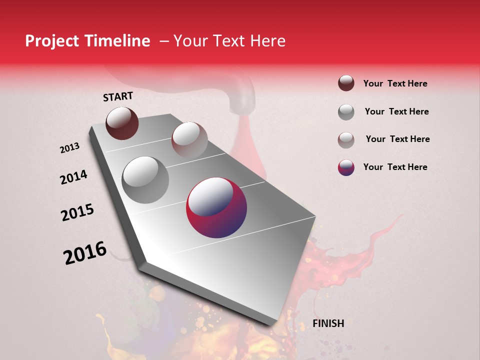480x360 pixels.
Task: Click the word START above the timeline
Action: pyautogui.click(x=118, y=96)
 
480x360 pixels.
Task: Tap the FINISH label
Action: pyautogui.click(x=328, y=323)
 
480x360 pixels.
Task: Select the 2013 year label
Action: pyautogui.click(x=69, y=148)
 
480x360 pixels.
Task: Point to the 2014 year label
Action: pyautogui.click(x=73, y=177)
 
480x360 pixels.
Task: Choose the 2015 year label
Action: pyautogui.click(x=77, y=212)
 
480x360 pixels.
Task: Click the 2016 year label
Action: pyautogui.click(x=85, y=253)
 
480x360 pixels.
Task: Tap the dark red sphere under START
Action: pyautogui.click(x=122, y=123)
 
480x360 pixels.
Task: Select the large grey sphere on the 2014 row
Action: pyautogui.click(x=145, y=180)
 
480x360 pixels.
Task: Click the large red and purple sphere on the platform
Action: pyautogui.click(x=216, y=208)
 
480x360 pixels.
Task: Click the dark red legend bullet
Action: pyautogui.click(x=346, y=83)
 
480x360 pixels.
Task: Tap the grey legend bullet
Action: pyautogui.click(x=346, y=112)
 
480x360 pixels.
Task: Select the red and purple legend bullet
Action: pyautogui.click(x=346, y=167)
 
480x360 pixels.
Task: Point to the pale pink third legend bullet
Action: pyautogui.click(x=346, y=140)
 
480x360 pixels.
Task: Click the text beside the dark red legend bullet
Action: pyautogui.click(x=395, y=83)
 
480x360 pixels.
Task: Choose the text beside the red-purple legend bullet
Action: pyautogui.click(x=395, y=167)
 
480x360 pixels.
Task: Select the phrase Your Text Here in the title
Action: pyautogui.click(x=229, y=41)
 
